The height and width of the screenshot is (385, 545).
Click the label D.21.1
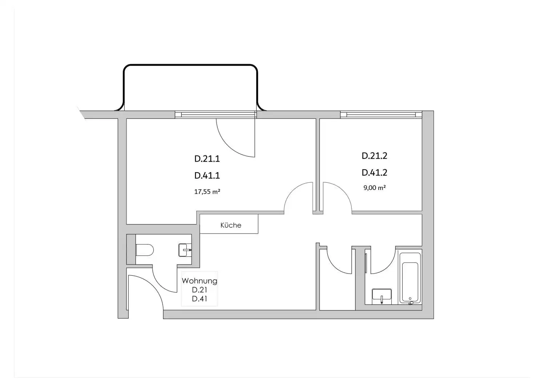click(207, 159)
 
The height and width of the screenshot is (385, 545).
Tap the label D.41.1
click(207, 175)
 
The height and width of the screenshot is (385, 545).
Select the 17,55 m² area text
click(207, 191)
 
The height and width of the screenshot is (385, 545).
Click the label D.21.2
click(375, 156)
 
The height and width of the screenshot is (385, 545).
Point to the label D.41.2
click(375, 173)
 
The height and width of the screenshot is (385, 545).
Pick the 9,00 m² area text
click(375, 188)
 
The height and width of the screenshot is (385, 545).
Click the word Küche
click(231, 225)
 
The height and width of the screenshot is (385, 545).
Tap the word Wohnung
click(199, 281)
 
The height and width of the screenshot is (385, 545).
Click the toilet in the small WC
click(144, 250)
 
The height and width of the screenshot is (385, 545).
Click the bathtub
click(410, 278)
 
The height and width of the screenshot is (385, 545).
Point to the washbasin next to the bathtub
click(382, 295)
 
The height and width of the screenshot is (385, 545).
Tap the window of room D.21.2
click(381, 114)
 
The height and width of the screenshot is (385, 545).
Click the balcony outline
click(191, 65)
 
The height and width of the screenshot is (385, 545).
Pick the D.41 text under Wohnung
click(199, 299)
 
